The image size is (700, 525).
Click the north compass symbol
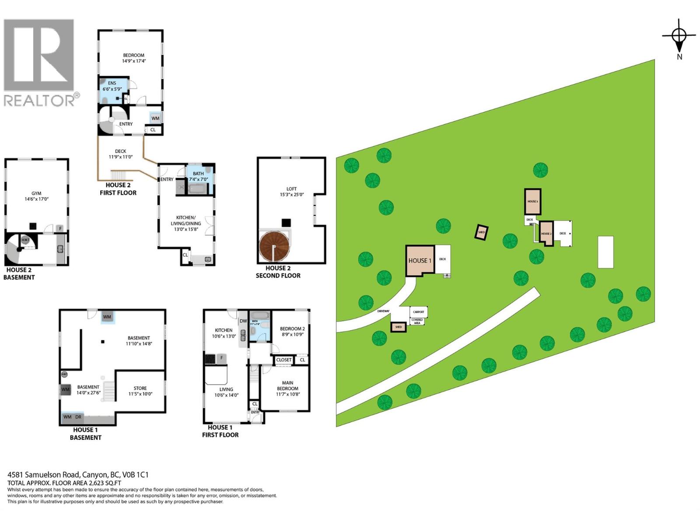[x=679, y=35]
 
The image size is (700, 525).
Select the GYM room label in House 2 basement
[x=36, y=196]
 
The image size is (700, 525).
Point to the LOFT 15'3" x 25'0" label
[x=292, y=192]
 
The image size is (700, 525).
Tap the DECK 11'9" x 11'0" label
[x=121, y=154]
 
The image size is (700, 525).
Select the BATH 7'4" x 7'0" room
[x=199, y=177]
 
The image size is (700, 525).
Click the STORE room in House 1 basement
[x=140, y=391]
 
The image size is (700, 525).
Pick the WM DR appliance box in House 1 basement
[x=73, y=417]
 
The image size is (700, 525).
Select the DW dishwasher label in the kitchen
[x=243, y=321]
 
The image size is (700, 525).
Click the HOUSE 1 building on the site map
[x=420, y=260]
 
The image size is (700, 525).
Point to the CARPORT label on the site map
[x=418, y=312]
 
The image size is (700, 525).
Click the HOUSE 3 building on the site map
[x=532, y=202]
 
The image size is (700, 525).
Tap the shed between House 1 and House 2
[x=481, y=232]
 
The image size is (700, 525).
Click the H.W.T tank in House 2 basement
[x=25, y=240]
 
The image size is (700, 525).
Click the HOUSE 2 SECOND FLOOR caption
[x=278, y=272]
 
